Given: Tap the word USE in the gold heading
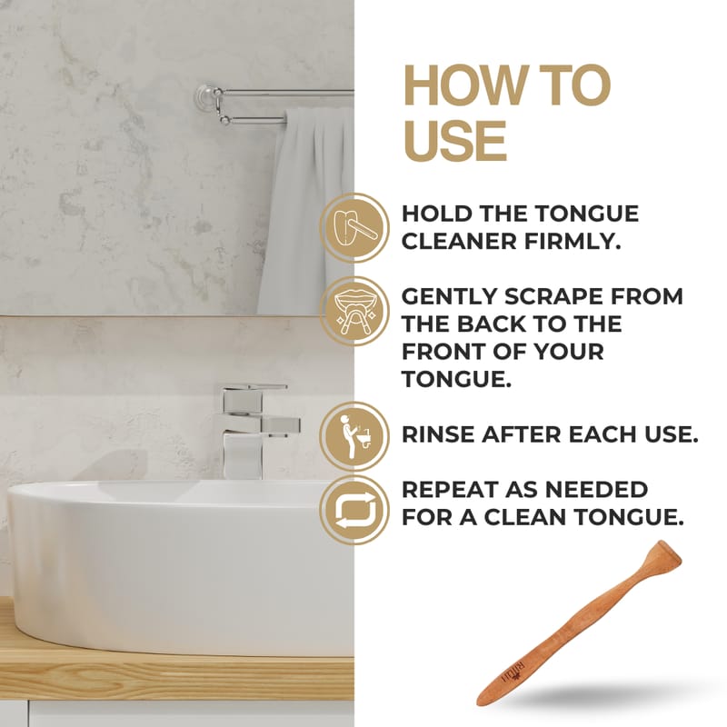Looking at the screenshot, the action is click(454, 141).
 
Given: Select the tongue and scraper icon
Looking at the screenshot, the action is click(354, 228).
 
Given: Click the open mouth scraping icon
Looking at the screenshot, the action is click(354, 312).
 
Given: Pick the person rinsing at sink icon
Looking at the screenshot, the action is click(354, 436).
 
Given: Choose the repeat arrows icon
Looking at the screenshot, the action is click(354, 511).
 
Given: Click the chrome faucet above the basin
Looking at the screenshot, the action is click(256, 431).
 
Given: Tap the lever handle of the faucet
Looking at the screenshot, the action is click(254, 388).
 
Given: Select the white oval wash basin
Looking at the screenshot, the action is click(181, 565).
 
